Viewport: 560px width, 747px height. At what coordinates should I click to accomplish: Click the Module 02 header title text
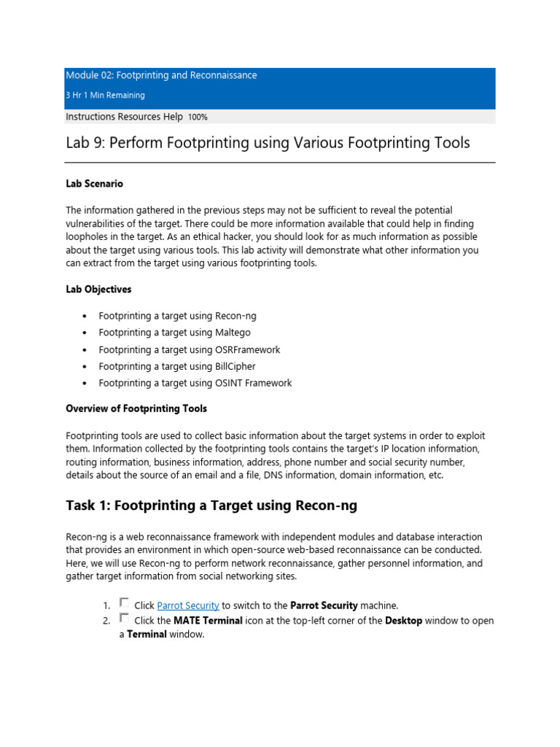[x=161, y=75]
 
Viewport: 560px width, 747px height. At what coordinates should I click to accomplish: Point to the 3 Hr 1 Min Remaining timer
[x=105, y=96]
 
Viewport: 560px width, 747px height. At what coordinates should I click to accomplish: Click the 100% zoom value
[x=198, y=117]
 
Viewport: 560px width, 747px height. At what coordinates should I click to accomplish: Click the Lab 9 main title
[x=268, y=143]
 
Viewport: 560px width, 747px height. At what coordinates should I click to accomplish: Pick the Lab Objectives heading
[x=98, y=290]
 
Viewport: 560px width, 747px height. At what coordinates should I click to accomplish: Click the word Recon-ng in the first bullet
[x=236, y=316]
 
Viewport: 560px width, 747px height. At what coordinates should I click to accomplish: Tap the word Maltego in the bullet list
[x=233, y=333]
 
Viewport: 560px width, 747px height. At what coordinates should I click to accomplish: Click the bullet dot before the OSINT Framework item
[x=85, y=384]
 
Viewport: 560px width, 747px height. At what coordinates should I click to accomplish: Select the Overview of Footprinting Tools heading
[x=136, y=409]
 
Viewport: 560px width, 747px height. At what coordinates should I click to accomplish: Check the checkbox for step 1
[x=124, y=603]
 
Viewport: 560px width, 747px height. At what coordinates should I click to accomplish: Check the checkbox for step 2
[x=124, y=619]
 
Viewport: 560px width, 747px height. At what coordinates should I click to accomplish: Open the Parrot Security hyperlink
[x=188, y=605]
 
